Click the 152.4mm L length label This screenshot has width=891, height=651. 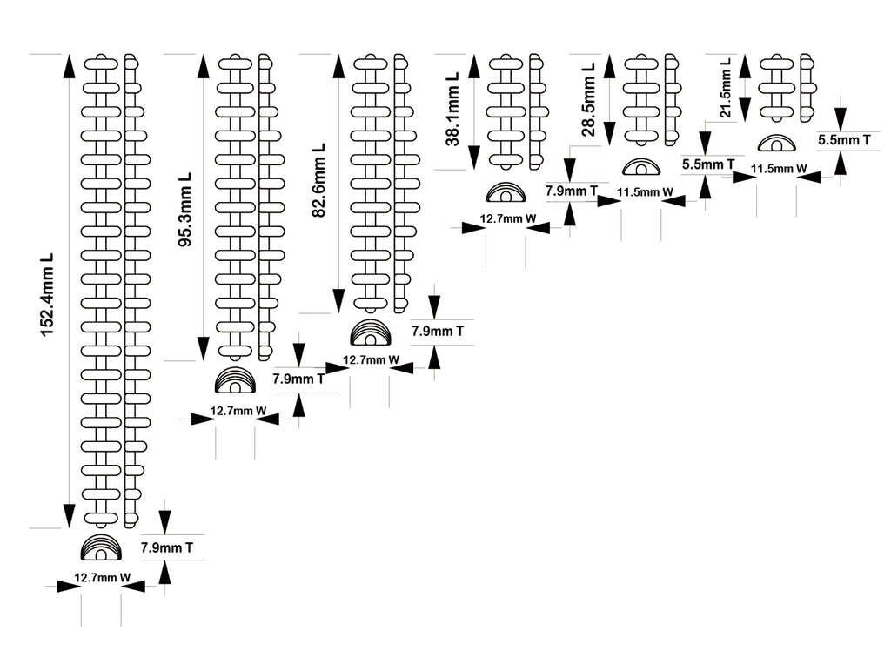click(x=47, y=294)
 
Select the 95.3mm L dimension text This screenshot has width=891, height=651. click(x=185, y=209)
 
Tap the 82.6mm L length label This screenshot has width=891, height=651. click(x=319, y=180)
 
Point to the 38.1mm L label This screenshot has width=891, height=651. click(x=452, y=109)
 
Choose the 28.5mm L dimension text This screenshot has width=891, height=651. click(x=589, y=99)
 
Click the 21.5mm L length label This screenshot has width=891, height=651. click(x=726, y=87)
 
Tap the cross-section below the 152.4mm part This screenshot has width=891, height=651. click(x=101, y=547)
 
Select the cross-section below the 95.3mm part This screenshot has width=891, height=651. click(x=235, y=380)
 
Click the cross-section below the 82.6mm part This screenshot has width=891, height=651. click(x=371, y=332)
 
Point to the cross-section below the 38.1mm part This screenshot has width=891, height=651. click(x=506, y=192)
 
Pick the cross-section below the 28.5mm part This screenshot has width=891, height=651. click(x=641, y=166)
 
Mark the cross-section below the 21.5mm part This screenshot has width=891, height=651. click(x=777, y=144)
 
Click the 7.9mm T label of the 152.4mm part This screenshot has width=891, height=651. click(x=167, y=548)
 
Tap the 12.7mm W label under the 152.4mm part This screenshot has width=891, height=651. click(x=103, y=578)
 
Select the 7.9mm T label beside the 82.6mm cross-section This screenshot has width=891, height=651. click(x=438, y=331)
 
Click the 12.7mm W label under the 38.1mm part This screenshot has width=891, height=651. click(x=508, y=219)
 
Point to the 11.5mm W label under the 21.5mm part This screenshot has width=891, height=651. click(x=779, y=169)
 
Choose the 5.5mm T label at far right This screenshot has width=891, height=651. click(x=844, y=140)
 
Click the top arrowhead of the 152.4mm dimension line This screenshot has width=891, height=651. click(x=69, y=66)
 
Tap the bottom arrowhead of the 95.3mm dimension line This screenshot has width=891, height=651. click(x=203, y=348)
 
